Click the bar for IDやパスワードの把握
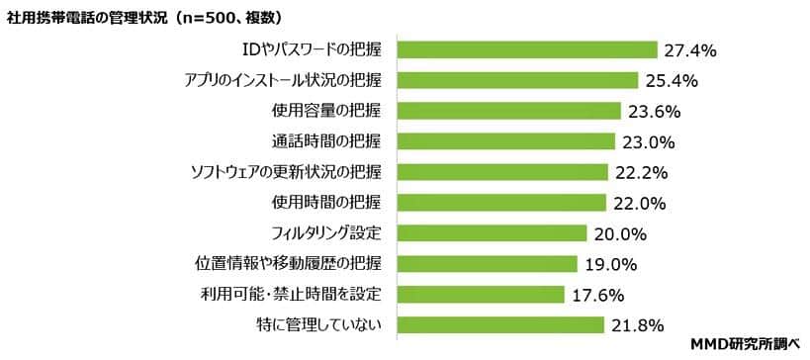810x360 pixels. tap(526, 49)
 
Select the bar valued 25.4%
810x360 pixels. tap(517, 80)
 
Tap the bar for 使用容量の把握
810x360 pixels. tap(508, 111)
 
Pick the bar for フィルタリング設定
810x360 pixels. tap(492, 233)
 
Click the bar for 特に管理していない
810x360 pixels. tap(499, 324)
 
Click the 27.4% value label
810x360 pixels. tap(690, 49)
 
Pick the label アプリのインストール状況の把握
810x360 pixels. tap(284, 80)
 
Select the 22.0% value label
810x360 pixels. tap(639, 203)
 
